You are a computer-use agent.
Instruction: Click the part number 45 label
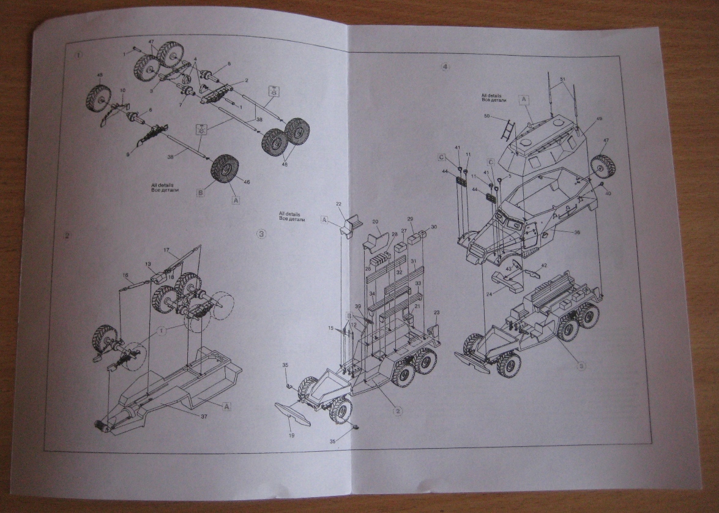click(100, 76)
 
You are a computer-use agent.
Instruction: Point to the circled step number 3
click(261, 233)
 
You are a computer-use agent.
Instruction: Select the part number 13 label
click(147, 264)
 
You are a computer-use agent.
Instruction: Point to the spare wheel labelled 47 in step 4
click(603, 164)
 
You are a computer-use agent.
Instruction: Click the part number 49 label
click(599, 119)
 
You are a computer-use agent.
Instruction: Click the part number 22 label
click(338, 203)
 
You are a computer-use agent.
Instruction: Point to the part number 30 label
click(434, 227)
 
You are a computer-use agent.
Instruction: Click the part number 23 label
click(436, 313)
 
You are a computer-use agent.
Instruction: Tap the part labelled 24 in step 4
click(508, 281)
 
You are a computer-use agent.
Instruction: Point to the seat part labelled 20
click(378, 241)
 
